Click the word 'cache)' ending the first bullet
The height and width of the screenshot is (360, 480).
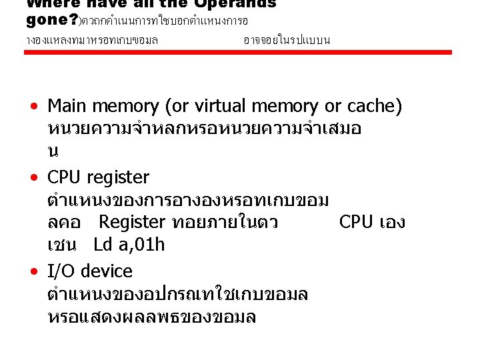[374, 107]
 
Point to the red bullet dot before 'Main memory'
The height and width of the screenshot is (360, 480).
[33, 107]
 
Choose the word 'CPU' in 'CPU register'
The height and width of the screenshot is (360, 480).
[65, 178]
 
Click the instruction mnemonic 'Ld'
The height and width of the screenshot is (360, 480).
[103, 245]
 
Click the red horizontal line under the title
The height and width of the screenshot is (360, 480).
[240, 53]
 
